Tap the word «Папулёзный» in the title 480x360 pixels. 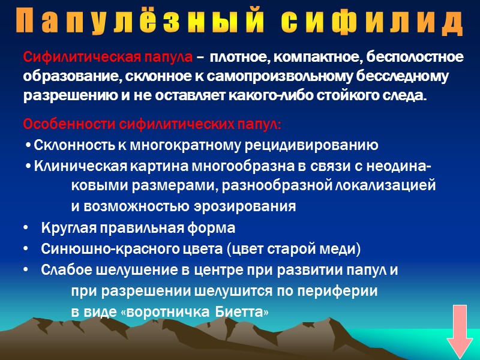pos(145,23)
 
